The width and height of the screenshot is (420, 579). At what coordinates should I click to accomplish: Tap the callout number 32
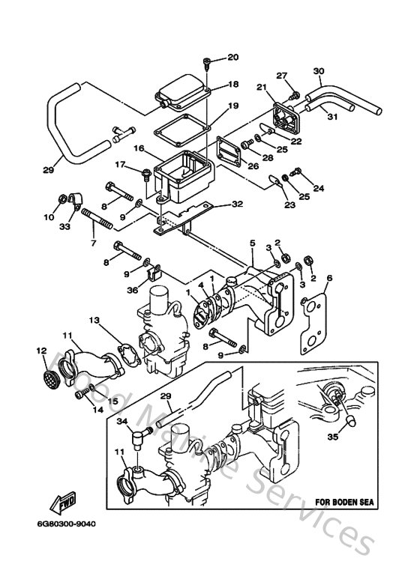coord(237,203)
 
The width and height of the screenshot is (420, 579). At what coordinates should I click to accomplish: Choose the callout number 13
coord(94,321)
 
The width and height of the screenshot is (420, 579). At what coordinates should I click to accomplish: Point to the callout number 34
coord(121,422)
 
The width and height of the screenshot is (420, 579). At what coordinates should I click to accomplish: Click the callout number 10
coord(49,219)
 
